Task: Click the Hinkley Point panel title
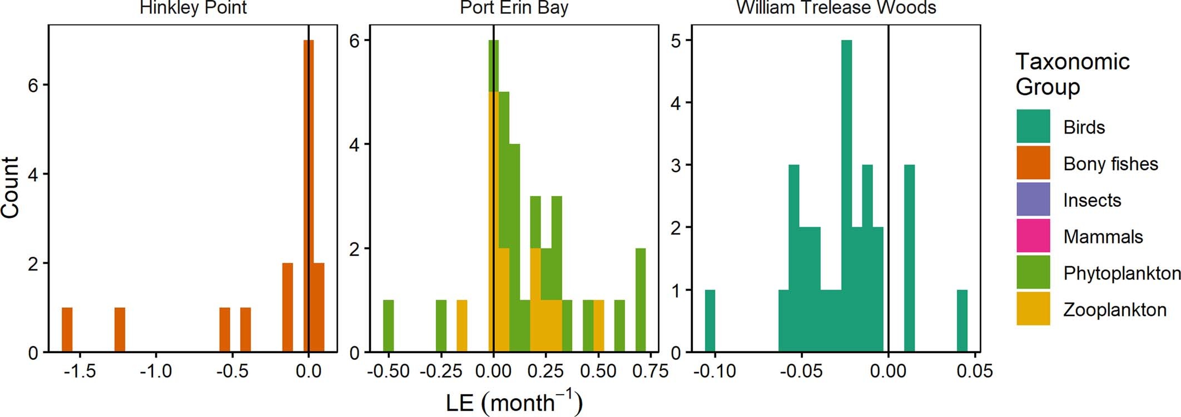tap(193, 8)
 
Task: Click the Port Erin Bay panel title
tap(514, 8)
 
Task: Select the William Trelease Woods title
tap(836, 8)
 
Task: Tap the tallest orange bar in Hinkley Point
tap(309, 195)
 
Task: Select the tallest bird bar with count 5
tap(846, 195)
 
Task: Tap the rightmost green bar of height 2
tap(641, 300)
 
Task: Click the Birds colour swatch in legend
tap(1033, 127)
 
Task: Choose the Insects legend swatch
tap(1033, 200)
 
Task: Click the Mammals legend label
tap(1103, 237)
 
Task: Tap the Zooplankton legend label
tap(1114, 310)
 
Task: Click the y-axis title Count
tap(11, 187)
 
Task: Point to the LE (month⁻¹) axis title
tap(514, 403)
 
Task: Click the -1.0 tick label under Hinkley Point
tap(156, 371)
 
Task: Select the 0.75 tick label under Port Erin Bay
tap(651, 371)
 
